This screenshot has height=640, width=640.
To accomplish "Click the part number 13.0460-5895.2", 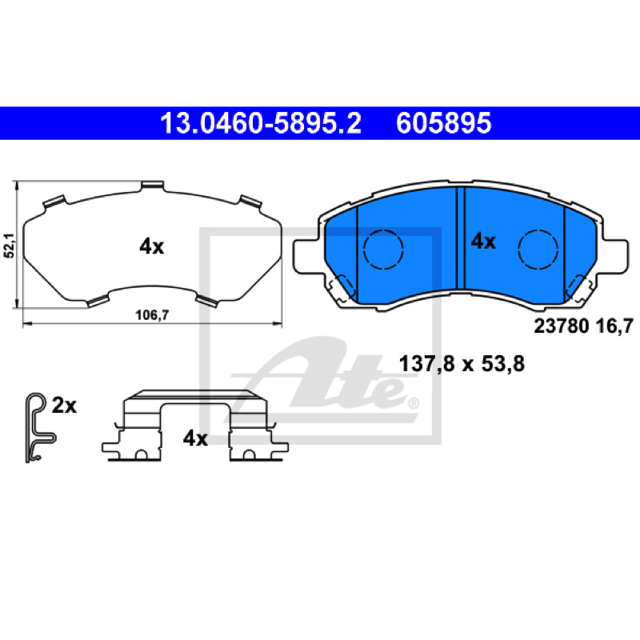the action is (x=261, y=123).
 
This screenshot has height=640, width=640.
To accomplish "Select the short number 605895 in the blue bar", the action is (x=444, y=123).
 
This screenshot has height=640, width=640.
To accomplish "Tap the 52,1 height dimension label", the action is (x=9, y=246).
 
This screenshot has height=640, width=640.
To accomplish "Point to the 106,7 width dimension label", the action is (x=152, y=315).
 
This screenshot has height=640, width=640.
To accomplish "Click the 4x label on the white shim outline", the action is (x=151, y=247).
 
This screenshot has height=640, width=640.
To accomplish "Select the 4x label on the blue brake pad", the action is (x=483, y=242).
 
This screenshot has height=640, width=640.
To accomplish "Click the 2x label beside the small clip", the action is (x=64, y=406).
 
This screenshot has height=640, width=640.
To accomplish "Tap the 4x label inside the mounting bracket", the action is (x=195, y=438).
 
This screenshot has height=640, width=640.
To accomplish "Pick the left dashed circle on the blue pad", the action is (x=383, y=250).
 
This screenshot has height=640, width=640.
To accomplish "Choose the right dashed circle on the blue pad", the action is (x=538, y=250).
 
